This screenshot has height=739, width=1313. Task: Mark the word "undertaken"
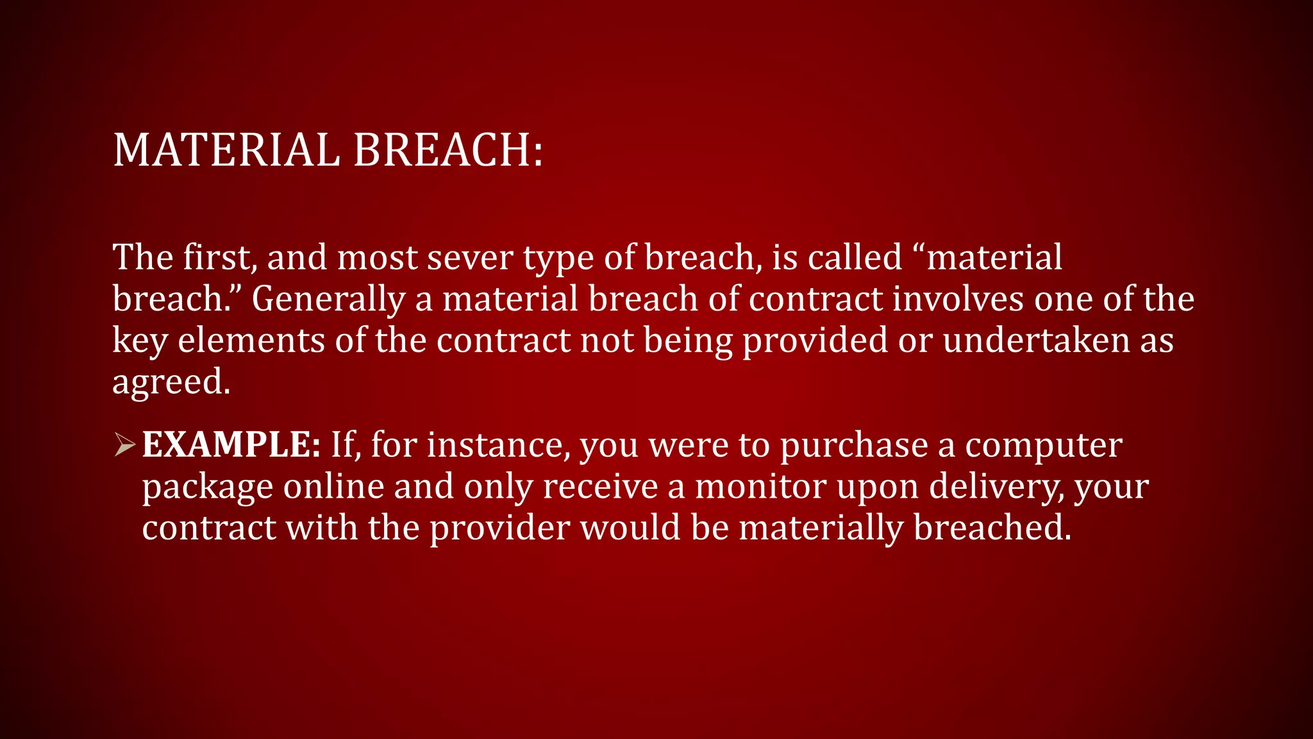(x=1036, y=340)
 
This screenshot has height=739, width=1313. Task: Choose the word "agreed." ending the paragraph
(x=171, y=382)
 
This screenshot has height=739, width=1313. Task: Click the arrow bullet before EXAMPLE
(x=125, y=445)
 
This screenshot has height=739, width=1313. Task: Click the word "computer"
(x=1043, y=446)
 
